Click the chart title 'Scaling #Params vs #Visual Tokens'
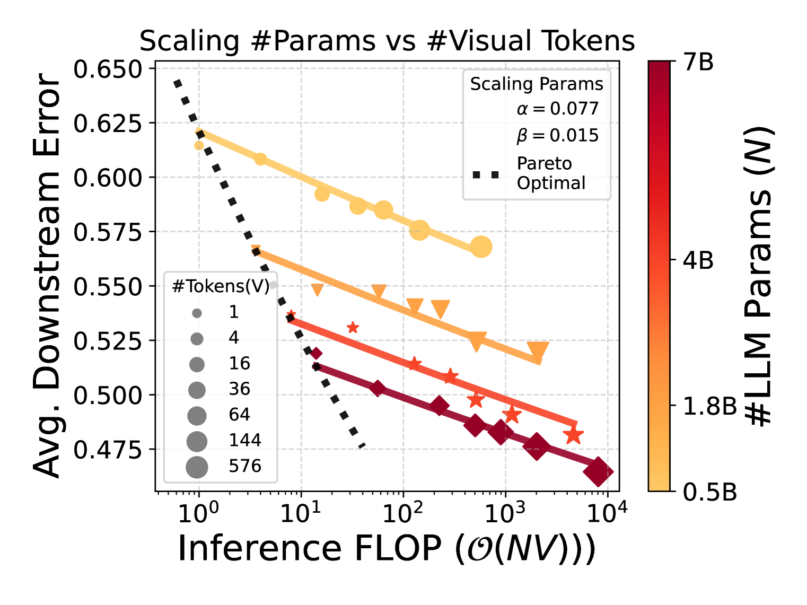click(387, 41)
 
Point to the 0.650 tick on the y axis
click(108, 69)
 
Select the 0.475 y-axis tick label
click(108, 449)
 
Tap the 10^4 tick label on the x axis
click(607, 512)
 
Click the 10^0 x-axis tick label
click(198, 512)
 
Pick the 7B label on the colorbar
click(698, 63)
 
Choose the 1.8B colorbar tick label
click(710, 406)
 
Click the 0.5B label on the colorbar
click(710, 492)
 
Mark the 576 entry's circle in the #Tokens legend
click(197, 467)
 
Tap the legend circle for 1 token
click(197, 313)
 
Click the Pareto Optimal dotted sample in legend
click(486, 174)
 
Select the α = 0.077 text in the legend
click(557, 109)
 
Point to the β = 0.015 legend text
click(557, 135)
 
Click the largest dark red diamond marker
click(598, 472)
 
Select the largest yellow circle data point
click(481, 247)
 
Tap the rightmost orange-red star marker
click(573, 436)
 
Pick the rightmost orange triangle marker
click(538, 350)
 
